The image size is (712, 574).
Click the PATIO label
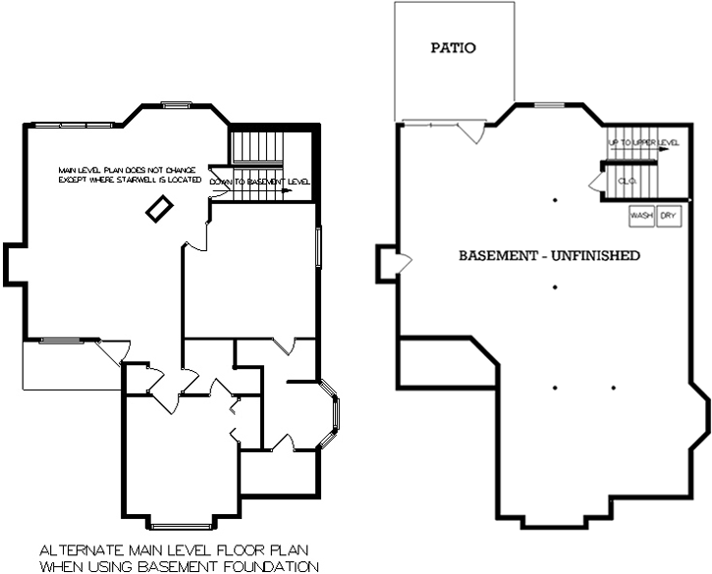pyautogui.click(x=454, y=47)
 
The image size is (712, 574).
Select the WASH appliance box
pyautogui.click(x=641, y=215)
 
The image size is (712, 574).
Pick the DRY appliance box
pyautogui.click(x=669, y=215)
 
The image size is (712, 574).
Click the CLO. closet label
pyautogui.click(x=627, y=182)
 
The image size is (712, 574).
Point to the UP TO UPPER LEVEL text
pyautogui.click(x=643, y=143)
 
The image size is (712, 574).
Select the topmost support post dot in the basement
pyautogui.click(x=555, y=200)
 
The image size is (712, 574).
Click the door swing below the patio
pyautogui.click(x=473, y=132)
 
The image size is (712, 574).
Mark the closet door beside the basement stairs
pyautogui.click(x=595, y=183)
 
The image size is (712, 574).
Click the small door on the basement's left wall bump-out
pyautogui.click(x=403, y=261)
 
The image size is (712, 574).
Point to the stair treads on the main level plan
pyautogui.click(x=256, y=149)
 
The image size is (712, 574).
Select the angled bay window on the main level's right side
pyautogui.click(x=334, y=416)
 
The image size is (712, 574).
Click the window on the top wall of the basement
pyautogui.click(x=549, y=104)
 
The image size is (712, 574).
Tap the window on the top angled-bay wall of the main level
pyautogui.click(x=176, y=104)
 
